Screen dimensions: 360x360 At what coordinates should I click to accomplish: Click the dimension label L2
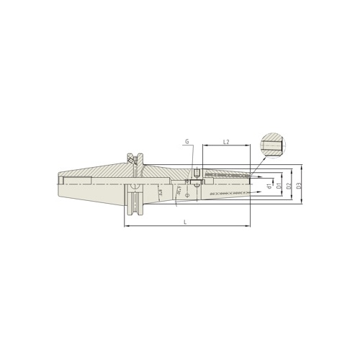(x=225, y=142)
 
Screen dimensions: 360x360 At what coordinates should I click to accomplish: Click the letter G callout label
(x=186, y=143)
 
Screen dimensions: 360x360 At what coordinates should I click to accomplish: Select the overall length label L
(x=185, y=222)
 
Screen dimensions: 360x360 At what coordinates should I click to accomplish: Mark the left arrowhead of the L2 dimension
(x=204, y=147)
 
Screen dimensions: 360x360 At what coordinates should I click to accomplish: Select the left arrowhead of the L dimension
(x=126, y=227)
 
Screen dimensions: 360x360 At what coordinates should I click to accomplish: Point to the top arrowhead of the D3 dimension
(x=302, y=167)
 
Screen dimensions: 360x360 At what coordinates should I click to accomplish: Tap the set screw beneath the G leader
(x=195, y=173)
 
